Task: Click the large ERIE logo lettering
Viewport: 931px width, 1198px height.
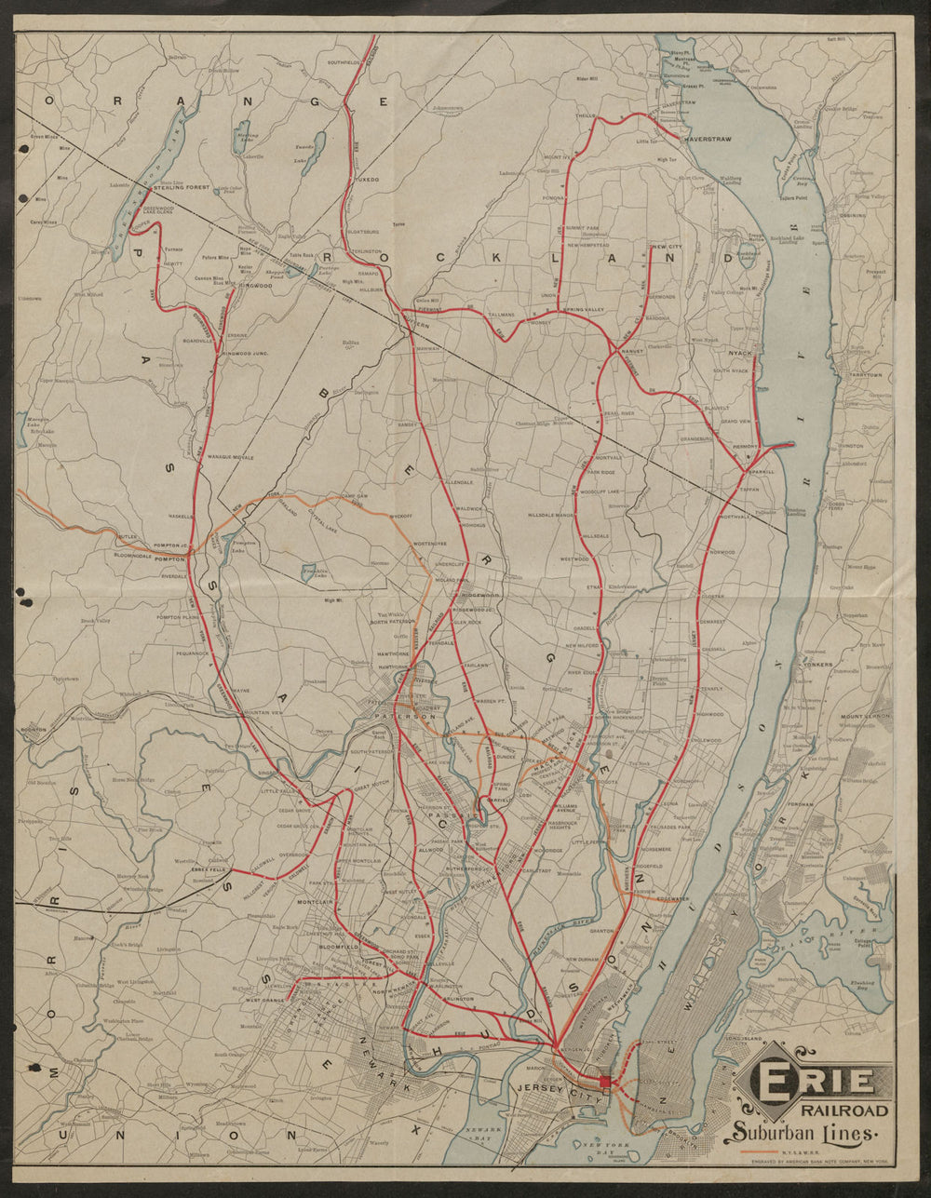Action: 816,1081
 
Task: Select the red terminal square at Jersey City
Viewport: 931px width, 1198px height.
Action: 605,1081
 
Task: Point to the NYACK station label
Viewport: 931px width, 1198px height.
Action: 740,355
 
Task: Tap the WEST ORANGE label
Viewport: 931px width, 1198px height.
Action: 265,1000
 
